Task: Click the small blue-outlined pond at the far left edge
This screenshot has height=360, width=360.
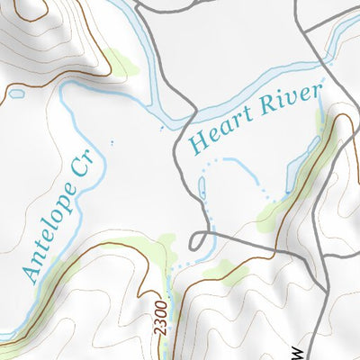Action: pos(15,92)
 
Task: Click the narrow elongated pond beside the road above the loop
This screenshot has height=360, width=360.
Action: pos(201,188)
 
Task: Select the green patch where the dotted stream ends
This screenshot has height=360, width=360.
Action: pos(274,212)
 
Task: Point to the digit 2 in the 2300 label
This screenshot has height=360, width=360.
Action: pos(161,330)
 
